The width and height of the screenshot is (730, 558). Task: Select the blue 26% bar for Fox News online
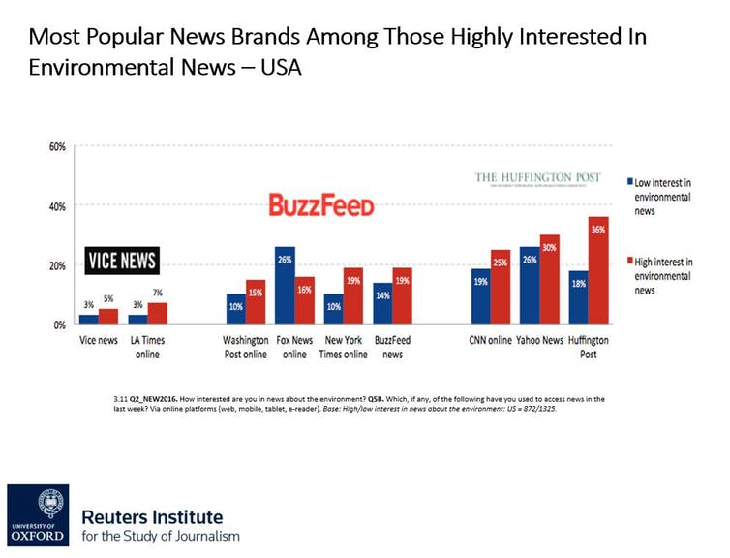285,286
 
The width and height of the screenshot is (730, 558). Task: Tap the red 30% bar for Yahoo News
550,280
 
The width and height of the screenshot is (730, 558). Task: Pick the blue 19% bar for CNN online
480,296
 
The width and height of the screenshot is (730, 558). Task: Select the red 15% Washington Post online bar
256,302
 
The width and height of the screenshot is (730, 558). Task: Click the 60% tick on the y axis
56,147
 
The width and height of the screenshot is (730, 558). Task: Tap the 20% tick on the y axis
56,265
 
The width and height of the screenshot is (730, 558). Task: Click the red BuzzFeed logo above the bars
320,205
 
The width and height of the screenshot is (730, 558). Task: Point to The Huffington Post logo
537,178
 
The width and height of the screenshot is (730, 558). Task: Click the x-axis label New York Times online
344,348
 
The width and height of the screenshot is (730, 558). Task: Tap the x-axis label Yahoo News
539,341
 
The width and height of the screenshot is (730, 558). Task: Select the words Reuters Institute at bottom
152,516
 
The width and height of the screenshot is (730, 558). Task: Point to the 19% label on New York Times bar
353,279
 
